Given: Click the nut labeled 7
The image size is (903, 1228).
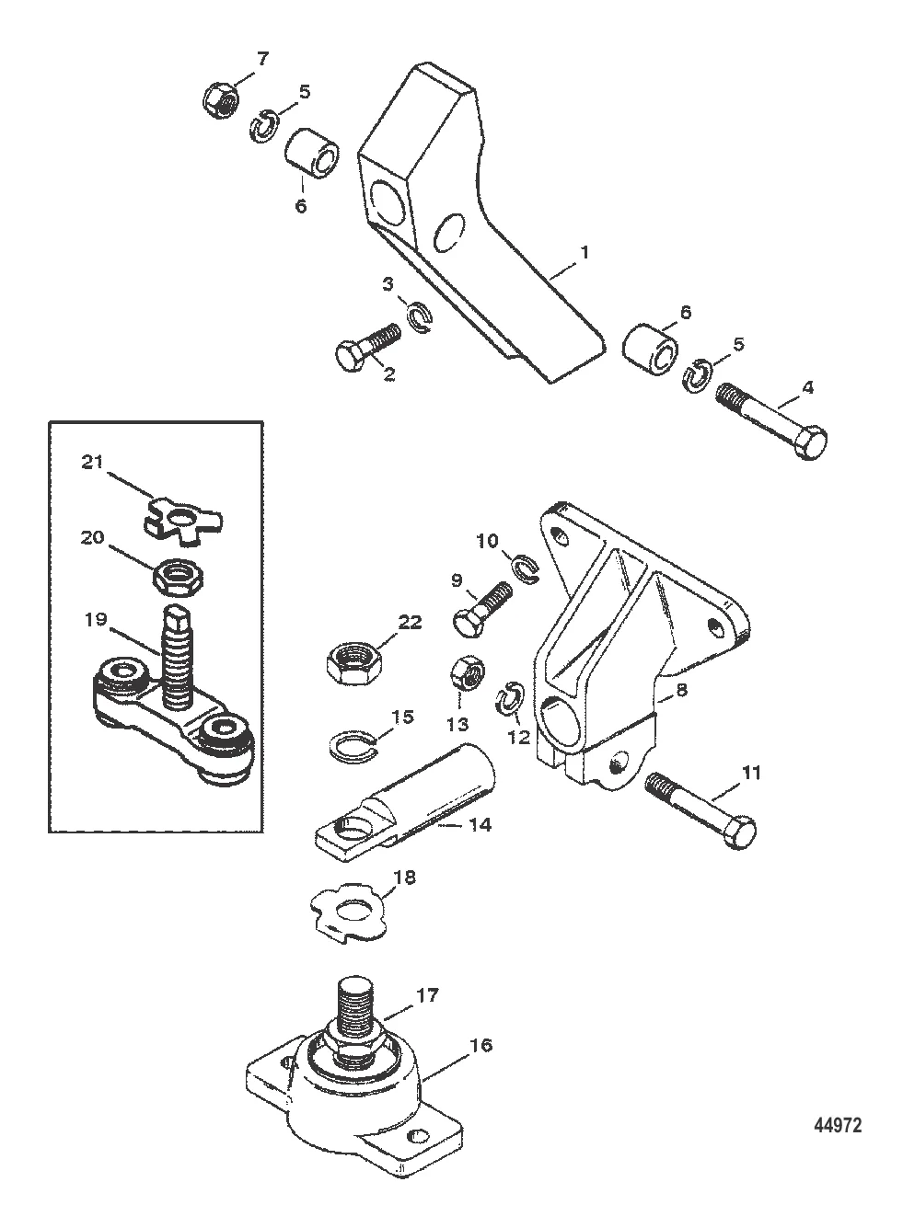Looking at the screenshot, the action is (x=221, y=100).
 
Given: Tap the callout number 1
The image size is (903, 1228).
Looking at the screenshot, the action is (x=585, y=252).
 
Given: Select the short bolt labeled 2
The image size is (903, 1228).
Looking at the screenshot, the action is (x=367, y=348).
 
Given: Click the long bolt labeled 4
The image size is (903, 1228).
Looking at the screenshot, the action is (x=770, y=420).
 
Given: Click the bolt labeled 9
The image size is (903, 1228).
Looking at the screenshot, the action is (x=482, y=611).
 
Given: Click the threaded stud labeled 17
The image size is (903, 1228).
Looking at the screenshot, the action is (x=355, y=1014).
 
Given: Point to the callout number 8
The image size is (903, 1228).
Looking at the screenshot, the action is (x=681, y=689).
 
